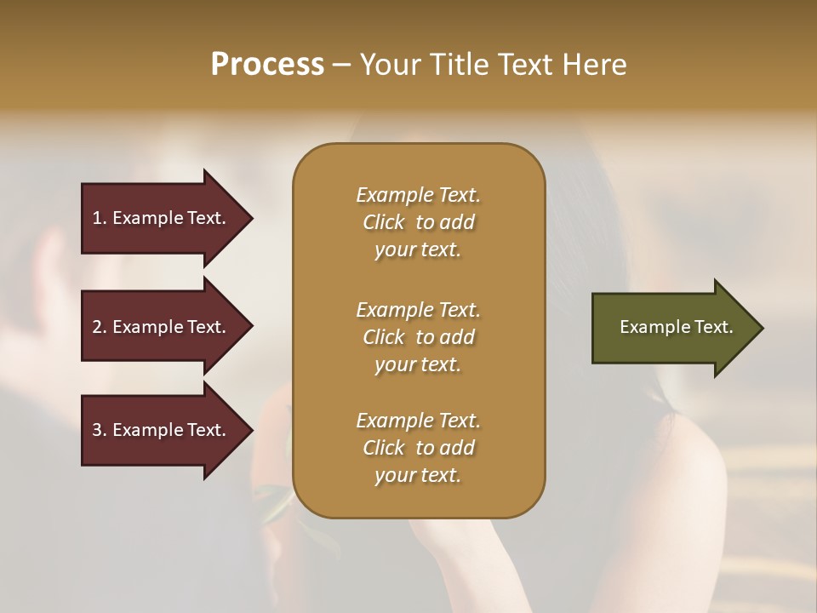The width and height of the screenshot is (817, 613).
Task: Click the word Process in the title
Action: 267,65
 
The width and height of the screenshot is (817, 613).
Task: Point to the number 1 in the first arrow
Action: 97,218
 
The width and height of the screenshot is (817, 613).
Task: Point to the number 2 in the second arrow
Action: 97,327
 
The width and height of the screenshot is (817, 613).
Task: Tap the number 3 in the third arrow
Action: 97,430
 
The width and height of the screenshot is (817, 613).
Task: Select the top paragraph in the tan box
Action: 418,222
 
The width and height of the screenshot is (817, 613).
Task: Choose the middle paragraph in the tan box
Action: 418,337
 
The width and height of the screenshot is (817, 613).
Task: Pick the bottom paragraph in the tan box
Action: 418,448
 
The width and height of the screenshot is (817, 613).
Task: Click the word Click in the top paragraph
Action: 384,222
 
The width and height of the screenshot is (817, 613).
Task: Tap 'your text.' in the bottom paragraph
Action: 418,475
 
